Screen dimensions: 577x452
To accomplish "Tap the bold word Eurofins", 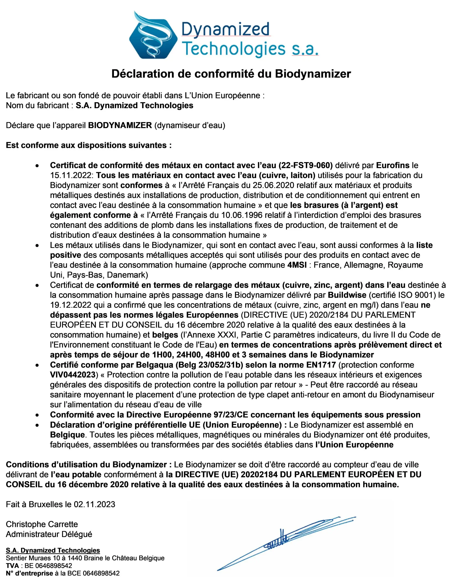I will (x=392, y=165).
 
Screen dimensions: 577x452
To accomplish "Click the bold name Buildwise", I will (x=347, y=295).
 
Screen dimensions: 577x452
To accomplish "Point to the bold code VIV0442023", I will (x=73, y=375).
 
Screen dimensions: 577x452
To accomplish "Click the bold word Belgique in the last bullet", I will (x=67, y=435).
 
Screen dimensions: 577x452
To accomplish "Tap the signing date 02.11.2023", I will (x=94, y=504).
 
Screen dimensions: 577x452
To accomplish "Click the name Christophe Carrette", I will (x=42, y=524).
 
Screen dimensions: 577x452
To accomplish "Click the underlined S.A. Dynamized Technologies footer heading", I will (x=53, y=550).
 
